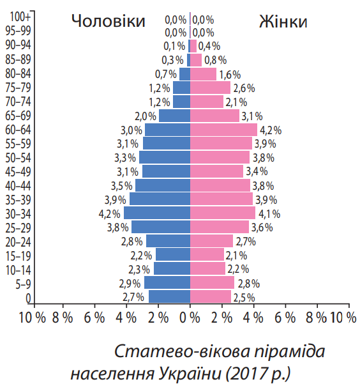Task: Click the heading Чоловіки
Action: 109,21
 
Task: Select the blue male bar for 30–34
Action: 157,213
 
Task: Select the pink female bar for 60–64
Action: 223,130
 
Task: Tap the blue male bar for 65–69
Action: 174,116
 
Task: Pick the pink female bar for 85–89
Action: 196,60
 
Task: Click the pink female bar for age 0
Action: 210,296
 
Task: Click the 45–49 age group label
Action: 18,171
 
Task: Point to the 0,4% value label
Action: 209,46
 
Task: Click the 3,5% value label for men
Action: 121,186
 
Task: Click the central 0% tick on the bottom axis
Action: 190,318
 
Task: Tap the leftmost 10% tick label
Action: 31,318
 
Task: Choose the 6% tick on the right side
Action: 285,318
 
